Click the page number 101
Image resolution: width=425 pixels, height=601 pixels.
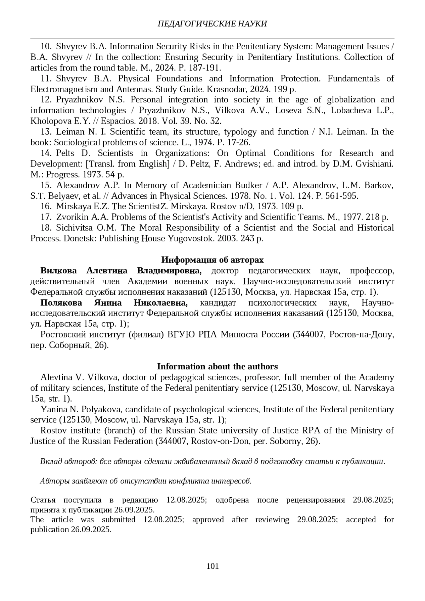212,566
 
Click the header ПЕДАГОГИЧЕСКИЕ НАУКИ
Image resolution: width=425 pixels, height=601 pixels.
212,24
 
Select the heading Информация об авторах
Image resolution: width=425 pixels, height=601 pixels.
212,260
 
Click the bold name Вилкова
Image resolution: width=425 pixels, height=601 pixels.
58,271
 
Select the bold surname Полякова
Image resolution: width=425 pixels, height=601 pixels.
61,303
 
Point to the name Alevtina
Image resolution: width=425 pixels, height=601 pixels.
56,377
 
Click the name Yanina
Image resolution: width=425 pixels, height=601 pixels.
53,409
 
